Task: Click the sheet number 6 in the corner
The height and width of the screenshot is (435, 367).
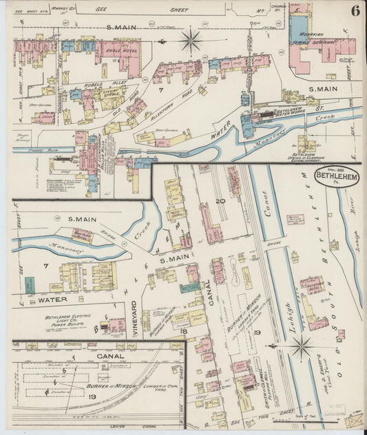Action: tap(353, 10)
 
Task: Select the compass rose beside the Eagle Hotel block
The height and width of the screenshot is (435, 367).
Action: tap(191, 40)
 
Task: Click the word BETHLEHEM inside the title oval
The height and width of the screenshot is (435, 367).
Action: tap(336, 176)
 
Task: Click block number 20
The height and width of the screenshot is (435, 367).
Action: tap(220, 201)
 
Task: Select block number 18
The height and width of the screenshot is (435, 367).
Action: tap(184, 331)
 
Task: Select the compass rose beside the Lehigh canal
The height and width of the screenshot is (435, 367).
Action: tap(300, 347)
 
